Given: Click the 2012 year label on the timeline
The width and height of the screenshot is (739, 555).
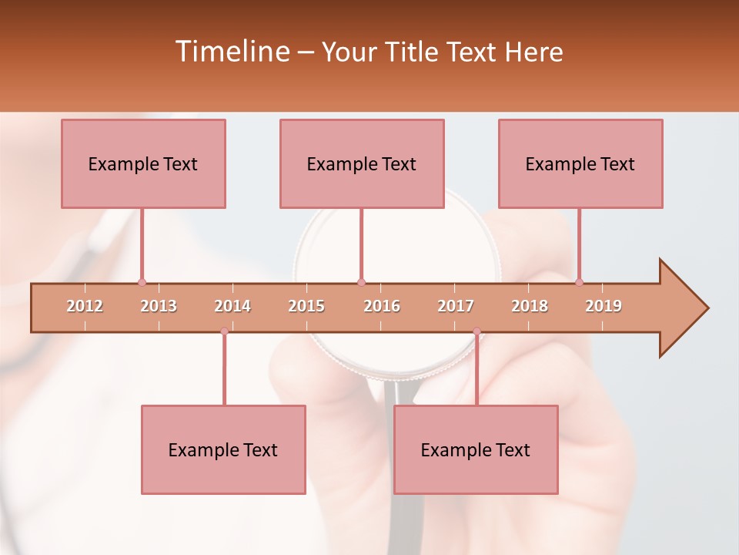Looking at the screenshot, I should (x=85, y=306).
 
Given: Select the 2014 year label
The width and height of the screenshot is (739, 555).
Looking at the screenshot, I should (x=232, y=306).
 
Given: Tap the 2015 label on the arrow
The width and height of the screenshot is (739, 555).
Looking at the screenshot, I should (x=306, y=306).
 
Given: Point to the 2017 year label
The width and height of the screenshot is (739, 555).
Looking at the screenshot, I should (x=456, y=306).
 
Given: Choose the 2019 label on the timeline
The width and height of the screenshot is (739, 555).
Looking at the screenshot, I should (x=604, y=306).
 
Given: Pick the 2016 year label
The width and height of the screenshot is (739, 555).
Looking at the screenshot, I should (x=382, y=306).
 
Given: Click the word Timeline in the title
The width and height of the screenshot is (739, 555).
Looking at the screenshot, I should (x=230, y=52).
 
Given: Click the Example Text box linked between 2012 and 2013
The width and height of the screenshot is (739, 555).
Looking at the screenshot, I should (x=143, y=163).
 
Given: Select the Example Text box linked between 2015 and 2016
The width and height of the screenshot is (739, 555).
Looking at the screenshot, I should (x=362, y=163).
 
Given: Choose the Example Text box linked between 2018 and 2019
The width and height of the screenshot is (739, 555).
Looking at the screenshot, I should (x=580, y=163).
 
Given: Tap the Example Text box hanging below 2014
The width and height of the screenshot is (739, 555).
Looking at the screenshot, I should (x=223, y=449).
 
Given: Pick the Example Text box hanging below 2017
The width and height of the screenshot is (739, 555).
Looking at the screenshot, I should (x=476, y=449).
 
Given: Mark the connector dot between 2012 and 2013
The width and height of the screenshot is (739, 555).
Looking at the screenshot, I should (x=142, y=282).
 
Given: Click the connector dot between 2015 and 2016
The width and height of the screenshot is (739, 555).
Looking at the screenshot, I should (x=361, y=282).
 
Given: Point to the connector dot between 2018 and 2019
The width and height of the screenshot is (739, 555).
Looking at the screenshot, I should (x=579, y=282).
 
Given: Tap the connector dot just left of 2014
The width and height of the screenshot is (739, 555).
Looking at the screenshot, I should (x=224, y=331).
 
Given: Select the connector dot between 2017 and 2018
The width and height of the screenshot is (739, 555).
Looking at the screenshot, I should (x=477, y=331).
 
